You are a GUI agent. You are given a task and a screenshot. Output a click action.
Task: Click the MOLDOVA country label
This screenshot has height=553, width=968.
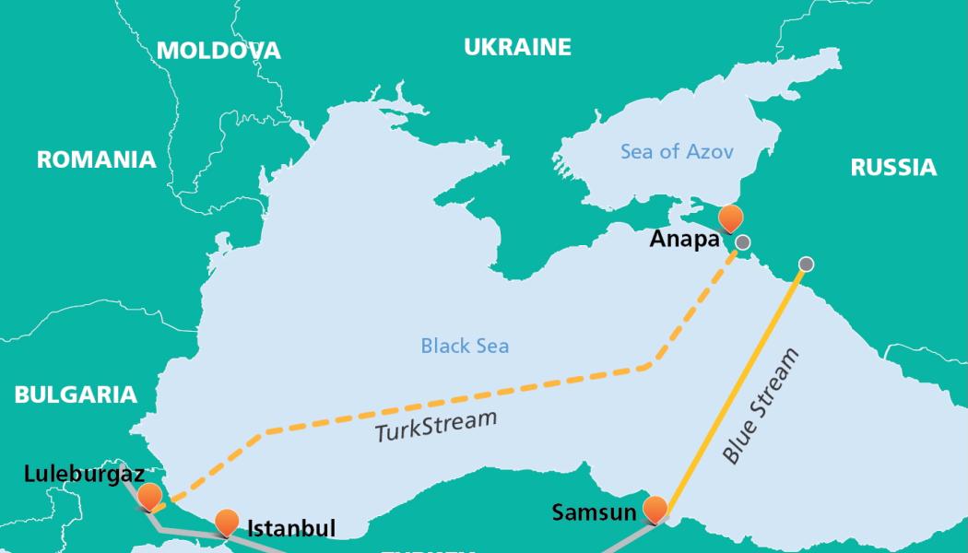tap(218, 51)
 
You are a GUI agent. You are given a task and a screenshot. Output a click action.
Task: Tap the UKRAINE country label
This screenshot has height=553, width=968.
tap(517, 47)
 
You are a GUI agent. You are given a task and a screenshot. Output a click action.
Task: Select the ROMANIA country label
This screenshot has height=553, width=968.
tap(96, 159)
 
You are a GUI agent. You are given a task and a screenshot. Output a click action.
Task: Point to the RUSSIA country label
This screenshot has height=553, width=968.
tap(892, 167)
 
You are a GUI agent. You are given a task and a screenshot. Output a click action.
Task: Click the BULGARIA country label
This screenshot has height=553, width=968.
tap(76, 394)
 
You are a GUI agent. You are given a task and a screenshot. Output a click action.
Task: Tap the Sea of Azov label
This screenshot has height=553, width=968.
tap(677, 151)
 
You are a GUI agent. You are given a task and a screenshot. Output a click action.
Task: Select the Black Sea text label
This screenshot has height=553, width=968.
tap(465, 347)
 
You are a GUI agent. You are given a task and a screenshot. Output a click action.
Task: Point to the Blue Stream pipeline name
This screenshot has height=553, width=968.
tap(761, 406)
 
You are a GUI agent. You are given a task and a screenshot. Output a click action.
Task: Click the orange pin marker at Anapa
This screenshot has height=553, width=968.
tap(730, 218)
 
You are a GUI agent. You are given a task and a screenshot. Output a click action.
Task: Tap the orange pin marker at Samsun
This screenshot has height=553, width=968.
tap(655, 508)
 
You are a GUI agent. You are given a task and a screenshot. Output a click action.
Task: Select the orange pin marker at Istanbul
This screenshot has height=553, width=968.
tap(227, 522)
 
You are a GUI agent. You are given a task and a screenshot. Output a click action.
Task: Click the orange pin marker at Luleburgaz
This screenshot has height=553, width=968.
tap(148, 496)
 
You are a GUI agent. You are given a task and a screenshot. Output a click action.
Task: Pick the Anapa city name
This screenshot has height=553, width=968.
tap(685, 240)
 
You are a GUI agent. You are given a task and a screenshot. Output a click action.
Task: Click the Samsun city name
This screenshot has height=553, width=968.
tap(594, 512)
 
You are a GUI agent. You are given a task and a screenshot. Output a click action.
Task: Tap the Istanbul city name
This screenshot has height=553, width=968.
tap(290, 528)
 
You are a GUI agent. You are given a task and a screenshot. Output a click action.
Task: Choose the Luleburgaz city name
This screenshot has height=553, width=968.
tap(84, 475)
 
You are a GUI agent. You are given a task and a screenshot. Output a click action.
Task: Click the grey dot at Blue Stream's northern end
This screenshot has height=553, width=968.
tap(806, 265)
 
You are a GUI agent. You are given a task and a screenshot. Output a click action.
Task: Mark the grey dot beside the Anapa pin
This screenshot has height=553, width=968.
tap(743, 243)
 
